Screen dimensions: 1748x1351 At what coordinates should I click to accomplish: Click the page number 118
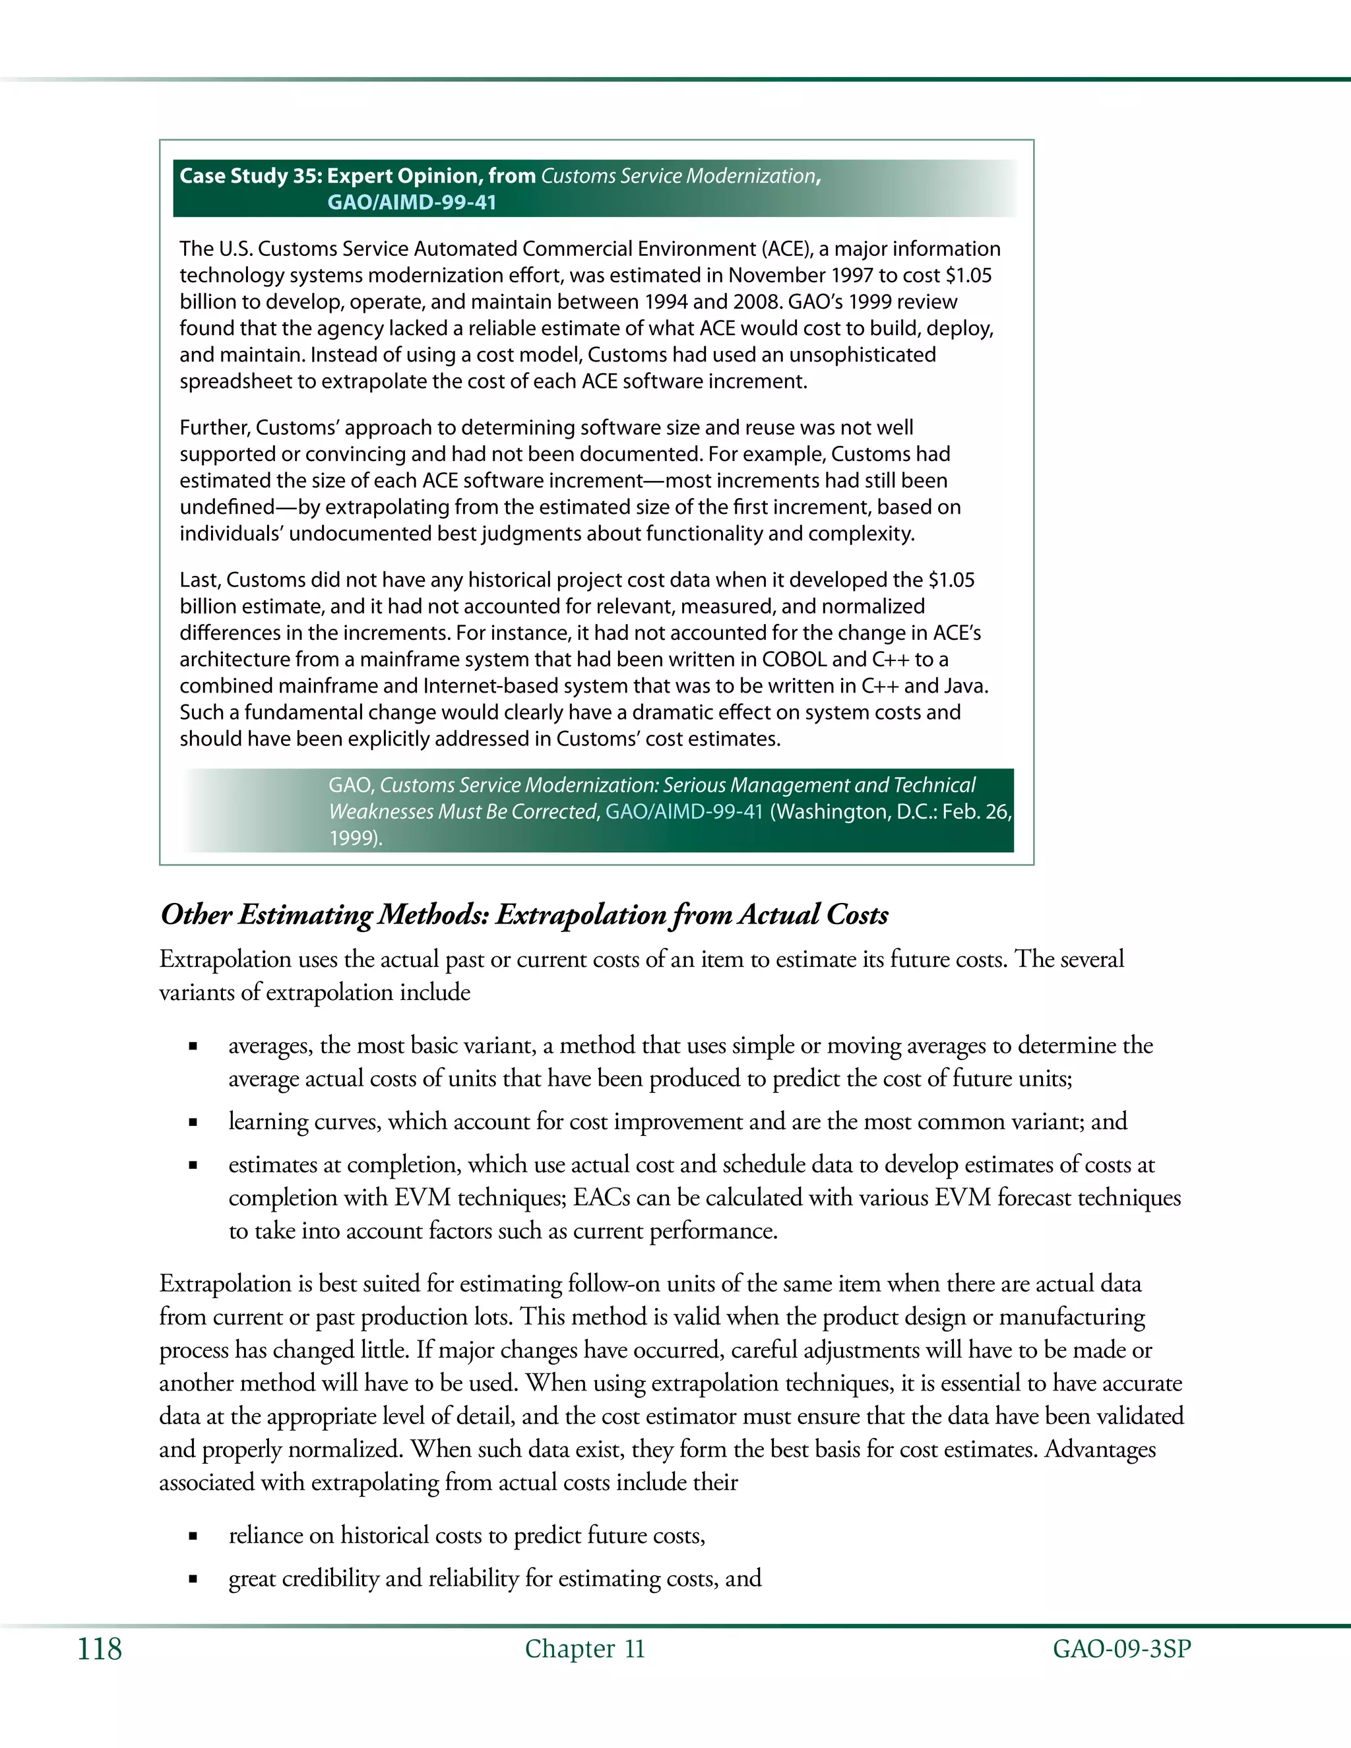[99, 1650]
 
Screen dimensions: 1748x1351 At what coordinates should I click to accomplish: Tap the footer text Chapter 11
[584, 1650]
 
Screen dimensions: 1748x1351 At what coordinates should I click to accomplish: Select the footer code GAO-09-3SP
[1121, 1650]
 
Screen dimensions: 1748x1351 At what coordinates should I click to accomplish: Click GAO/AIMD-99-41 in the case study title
[412, 203]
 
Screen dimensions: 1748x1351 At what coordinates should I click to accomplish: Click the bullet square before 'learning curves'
[193, 1123]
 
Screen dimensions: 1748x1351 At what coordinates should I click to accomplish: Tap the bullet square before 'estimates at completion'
[193, 1166]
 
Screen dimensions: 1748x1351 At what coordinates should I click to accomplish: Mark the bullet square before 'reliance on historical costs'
[193, 1537]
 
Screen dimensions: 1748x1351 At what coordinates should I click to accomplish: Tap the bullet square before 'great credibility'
[193, 1580]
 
